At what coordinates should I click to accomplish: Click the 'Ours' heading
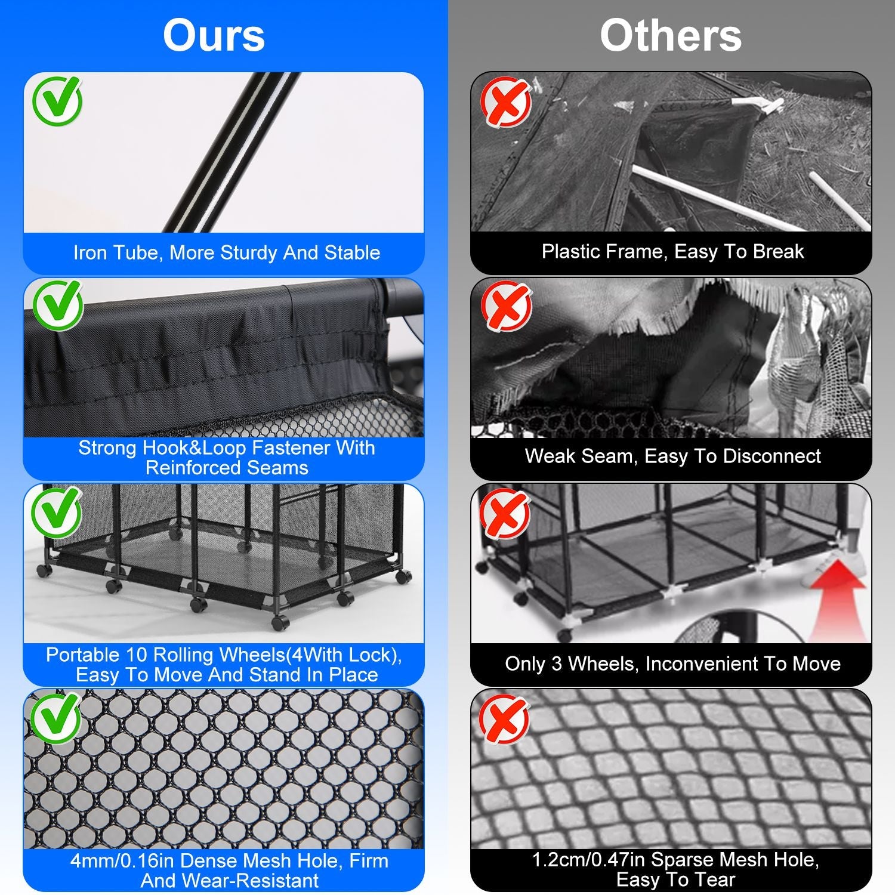pyautogui.click(x=214, y=36)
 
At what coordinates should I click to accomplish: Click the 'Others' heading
pyautogui.click(x=671, y=36)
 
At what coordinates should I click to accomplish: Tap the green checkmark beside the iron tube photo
pyautogui.click(x=57, y=100)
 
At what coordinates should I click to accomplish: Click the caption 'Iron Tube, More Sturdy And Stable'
pyautogui.click(x=227, y=252)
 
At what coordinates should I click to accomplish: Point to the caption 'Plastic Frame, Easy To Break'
pyautogui.click(x=672, y=251)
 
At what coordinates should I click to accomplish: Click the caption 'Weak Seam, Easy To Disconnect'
pyautogui.click(x=672, y=456)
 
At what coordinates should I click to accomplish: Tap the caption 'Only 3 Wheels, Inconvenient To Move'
pyautogui.click(x=672, y=663)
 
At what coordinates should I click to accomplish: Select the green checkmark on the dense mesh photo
pyautogui.click(x=56, y=717)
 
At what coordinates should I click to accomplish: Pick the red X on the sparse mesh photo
pyautogui.click(x=505, y=718)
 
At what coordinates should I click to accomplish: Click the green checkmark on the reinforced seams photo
pyautogui.click(x=57, y=305)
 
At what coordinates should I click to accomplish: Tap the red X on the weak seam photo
pyautogui.click(x=507, y=307)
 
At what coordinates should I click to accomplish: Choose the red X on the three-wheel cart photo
pyautogui.click(x=505, y=513)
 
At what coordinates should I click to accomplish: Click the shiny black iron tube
pyautogui.click(x=232, y=152)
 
